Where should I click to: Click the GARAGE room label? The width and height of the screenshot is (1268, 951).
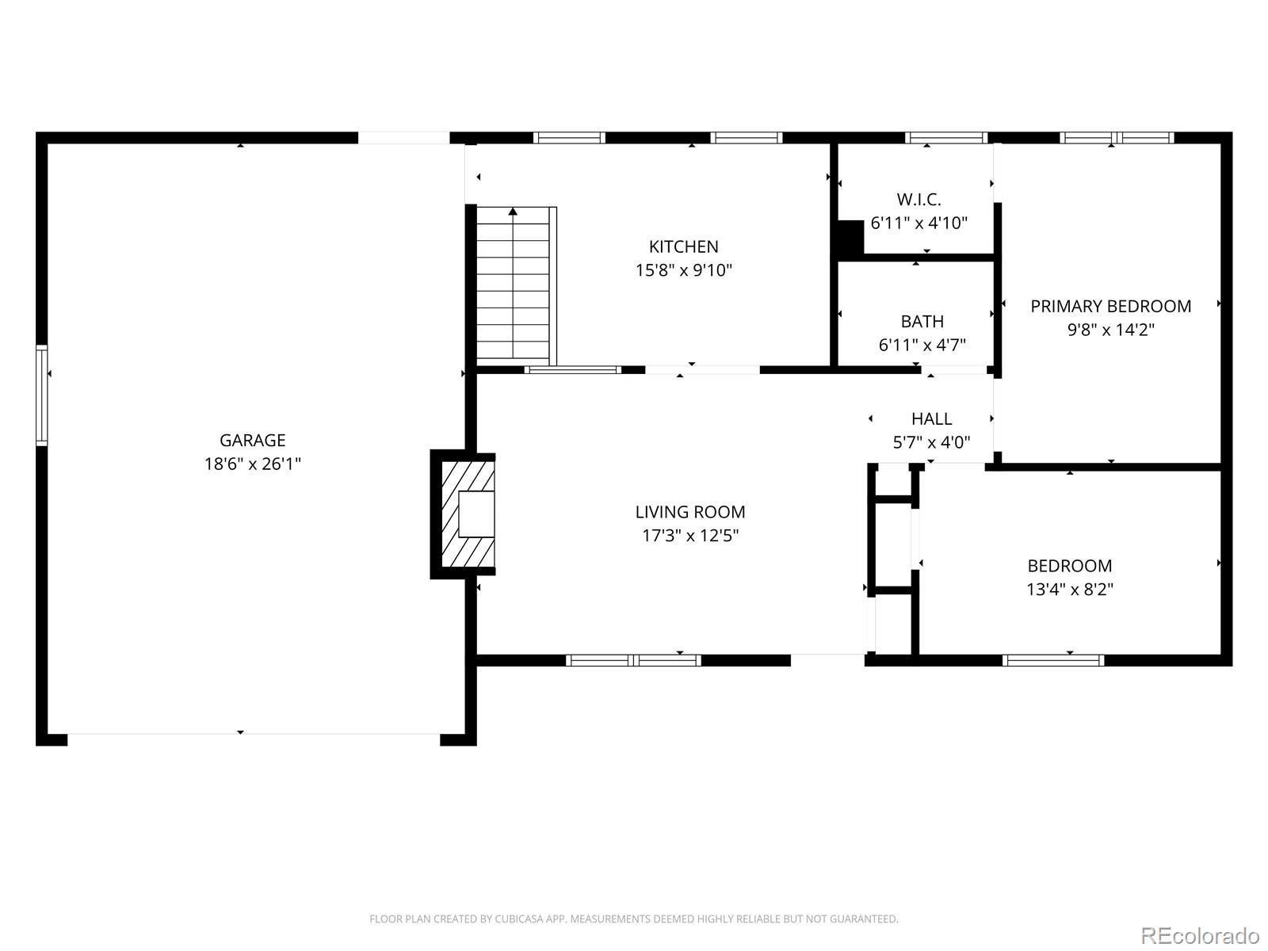pos(253,441)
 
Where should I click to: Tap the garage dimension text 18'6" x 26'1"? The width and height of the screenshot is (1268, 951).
pos(253,464)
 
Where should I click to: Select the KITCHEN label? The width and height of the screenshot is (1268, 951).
pos(683,247)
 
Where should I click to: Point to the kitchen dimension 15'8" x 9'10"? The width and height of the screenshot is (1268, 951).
pos(683,270)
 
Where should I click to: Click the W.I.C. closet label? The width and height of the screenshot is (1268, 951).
pos(919,200)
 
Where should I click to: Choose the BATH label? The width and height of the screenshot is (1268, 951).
pos(922,322)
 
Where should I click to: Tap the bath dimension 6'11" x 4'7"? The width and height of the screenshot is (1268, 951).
pos(922,346)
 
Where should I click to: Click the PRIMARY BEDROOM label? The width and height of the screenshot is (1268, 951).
pos(1110,307)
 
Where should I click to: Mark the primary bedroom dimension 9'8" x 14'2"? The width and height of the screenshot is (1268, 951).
pos(1110,330)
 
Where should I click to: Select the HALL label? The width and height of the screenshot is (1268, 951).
pos(931,419)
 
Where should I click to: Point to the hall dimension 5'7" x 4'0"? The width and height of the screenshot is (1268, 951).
pos(931,443)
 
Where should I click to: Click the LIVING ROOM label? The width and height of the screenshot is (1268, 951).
pos(690,512)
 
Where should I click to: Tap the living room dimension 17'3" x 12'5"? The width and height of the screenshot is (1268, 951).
pos(690,536)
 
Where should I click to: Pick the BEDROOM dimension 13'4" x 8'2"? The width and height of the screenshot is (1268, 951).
pos(1069,590)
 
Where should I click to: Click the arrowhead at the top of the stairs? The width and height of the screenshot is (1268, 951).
pos(513,212)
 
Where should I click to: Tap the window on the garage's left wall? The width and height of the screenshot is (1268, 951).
pos(41,395)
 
